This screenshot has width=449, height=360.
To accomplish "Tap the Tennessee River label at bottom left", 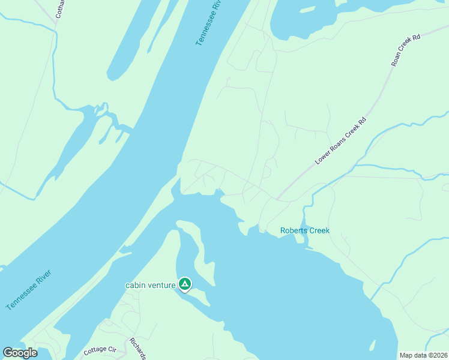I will point(29,290).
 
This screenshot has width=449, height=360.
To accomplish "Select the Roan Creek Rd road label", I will point(406,49).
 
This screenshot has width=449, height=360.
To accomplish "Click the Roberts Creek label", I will point(305,231).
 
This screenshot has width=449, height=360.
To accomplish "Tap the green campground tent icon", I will point(185,283).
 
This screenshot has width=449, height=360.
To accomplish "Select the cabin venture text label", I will point(151,285).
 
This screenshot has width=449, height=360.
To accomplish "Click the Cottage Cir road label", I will point(100,349).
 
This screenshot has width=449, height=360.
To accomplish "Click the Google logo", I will point(20,352).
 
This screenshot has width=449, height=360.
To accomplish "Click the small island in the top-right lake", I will point(307,10).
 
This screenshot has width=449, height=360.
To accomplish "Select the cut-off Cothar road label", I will point(58,9).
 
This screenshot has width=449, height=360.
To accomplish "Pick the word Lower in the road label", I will point(323,158).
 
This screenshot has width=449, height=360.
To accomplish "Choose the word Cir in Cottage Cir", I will point(111,349).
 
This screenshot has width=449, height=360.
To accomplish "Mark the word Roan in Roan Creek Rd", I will point(396,60).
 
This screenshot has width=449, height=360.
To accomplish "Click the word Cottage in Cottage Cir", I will point(95,349).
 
